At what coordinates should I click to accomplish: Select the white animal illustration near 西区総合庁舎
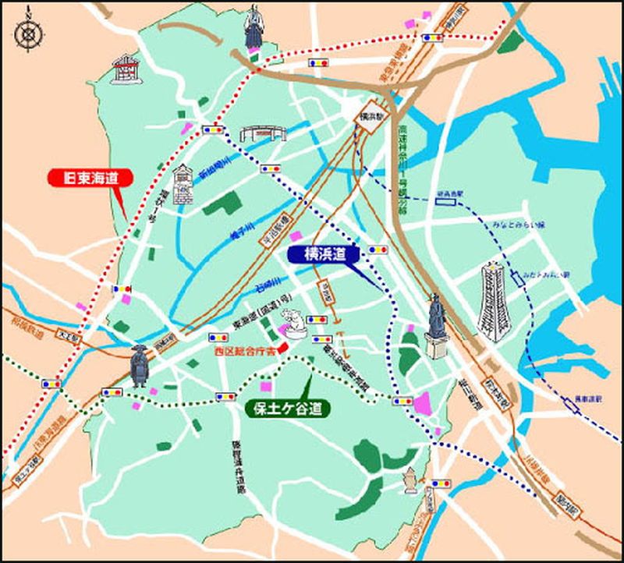pyautogui.click(x=295, y=321)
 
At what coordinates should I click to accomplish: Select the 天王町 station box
pyautogui.click(x=71, y=338)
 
